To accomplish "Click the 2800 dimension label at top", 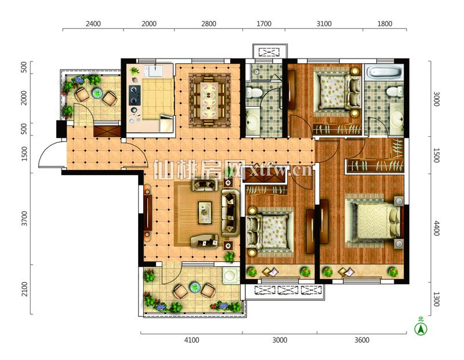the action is pyautogui.click(x=209, y=24).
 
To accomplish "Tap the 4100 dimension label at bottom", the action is pyautogui.click(x=191, y=340).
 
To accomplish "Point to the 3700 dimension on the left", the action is pyautogui.click(x=24, y=219).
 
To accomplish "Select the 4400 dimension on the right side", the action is pyautogui.click(x=437, y=228).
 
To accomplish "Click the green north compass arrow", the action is pyautogui.click(x=420, y=329).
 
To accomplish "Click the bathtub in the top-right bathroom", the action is pyautogui.click(x=385, y=72).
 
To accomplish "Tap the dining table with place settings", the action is pyautogui.click(x=209, y=100).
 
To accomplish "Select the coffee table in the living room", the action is pyautogui.click(x=205, y=212).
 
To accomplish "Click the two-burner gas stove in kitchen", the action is pyautogui.click(x=135, y=95).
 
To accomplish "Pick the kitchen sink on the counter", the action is pyautogui.click(x=155, y=71).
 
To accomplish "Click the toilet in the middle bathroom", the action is pyautogui.click(x=254, y=92).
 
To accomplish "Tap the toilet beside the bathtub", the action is pyautogui.click(x=394, y=91).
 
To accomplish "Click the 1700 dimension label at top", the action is pyautogui.click(x=264, y=24).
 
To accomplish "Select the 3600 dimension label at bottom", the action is pyautogui.click(x=361, y=340).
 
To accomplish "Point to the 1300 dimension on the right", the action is pyautogui.click(x=437, y=299).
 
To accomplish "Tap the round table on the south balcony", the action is pyautogui.click(x=195, y=287).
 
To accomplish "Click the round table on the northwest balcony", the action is pyautogui.click(x=97, y=93).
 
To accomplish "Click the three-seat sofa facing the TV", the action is pyautogui.click(x=230, y=213).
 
